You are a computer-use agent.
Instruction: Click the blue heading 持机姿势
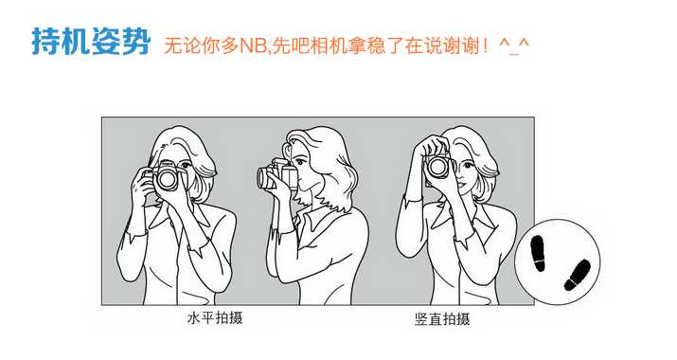[90, 42]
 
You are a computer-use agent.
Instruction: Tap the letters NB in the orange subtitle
[255, 45]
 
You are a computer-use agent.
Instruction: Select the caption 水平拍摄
[214, 318]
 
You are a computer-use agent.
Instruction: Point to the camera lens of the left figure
[167, 180]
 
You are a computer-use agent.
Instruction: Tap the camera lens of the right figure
[437, 168]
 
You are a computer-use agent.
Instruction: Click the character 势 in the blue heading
[134, 42]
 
